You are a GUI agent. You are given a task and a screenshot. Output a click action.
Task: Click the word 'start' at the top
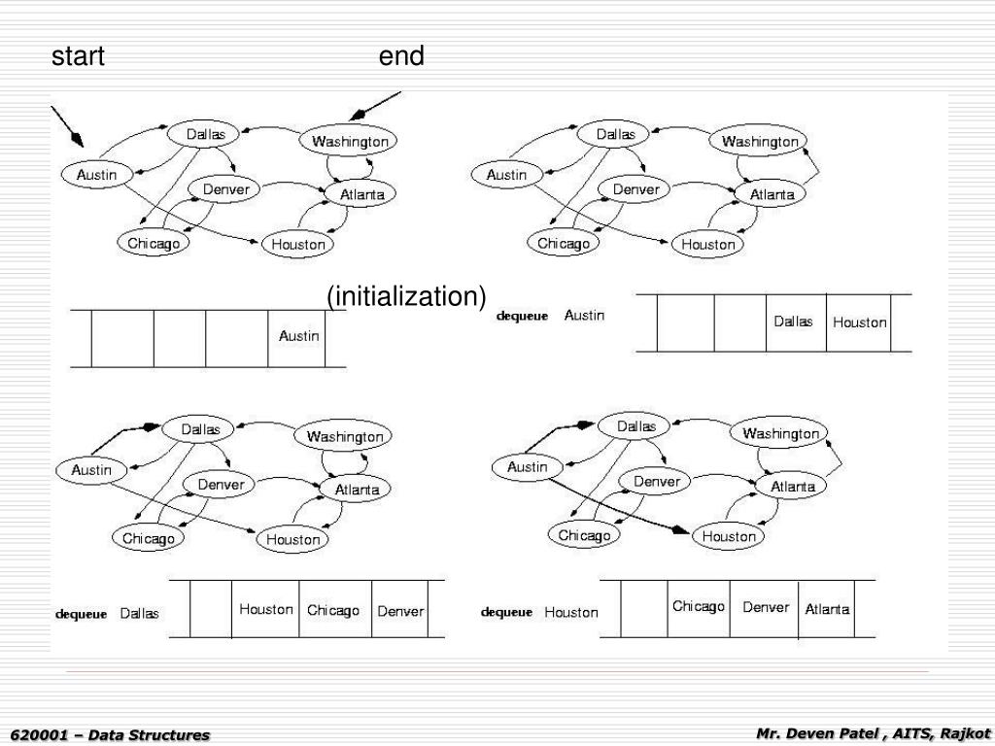coord(78,56)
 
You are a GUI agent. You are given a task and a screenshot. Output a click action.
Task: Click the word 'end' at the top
coord(401,56)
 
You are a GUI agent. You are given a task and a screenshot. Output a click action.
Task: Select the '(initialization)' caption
coord(406,296)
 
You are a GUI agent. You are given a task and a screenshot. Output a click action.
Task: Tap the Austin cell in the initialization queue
coord(298,336)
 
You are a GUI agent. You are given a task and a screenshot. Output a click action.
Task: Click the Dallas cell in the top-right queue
coord(793,322)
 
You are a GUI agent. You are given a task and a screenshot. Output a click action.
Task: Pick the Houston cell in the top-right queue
coord(859,322)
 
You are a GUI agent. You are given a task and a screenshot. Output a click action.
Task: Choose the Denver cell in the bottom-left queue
coord(400,611)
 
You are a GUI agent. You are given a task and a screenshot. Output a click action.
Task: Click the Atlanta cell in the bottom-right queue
coord(826,610)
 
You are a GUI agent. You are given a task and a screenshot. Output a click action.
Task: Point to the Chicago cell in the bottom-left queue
coord(333,610)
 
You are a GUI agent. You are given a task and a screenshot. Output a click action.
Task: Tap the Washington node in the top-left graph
coord(350,142)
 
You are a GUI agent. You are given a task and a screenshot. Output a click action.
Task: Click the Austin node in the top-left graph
coord(96,175)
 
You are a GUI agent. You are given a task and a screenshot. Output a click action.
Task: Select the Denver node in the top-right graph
coord(635,190)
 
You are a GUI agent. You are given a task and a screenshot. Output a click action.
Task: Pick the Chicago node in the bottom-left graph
coord(149,538)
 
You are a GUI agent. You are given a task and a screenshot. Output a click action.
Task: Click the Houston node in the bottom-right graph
coord(729,536)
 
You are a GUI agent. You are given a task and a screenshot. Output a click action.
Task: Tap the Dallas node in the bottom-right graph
coord(636,425)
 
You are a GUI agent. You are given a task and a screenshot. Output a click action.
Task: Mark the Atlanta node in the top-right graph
coord(772,194)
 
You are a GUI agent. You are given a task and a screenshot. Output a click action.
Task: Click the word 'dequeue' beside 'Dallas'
coord(80,614)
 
